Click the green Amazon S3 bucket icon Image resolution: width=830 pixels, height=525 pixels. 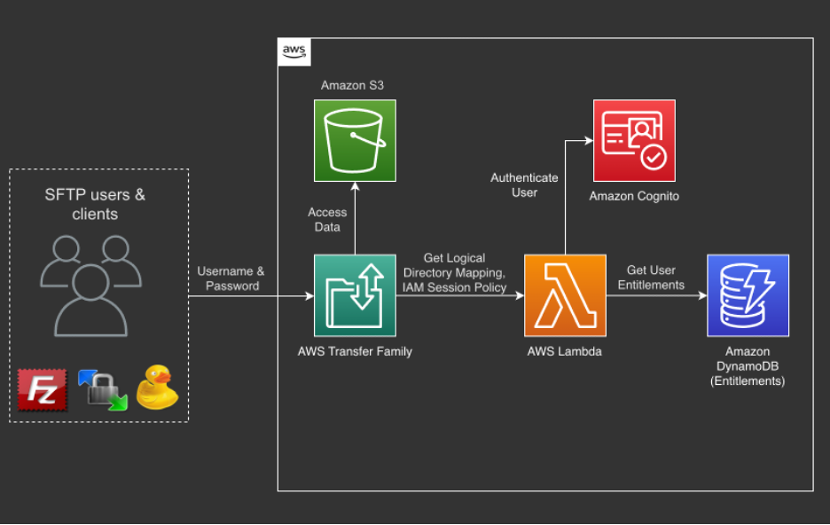click(x=355, y=140)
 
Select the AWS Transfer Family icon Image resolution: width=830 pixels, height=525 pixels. click(x=355, y=295)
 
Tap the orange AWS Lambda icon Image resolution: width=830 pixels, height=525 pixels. click(x=565, y=295)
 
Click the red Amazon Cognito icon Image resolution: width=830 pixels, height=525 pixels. click(x=634, y=140)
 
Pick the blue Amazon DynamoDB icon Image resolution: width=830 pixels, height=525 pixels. click(x=748, y=295)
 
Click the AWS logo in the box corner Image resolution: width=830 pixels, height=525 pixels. click(x=294, y=52)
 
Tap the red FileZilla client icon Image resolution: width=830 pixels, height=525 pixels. click(x=42, y=389)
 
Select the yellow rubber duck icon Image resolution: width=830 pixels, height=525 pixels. click(x=157, y=388)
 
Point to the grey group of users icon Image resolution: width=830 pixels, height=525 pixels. click(x=90, y=282)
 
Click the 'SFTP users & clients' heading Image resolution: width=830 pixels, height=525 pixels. click(x=95, y=204)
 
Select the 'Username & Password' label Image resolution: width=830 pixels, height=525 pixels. click(x=232, y=278)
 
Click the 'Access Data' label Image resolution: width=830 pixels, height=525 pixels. click(x=327, y=219)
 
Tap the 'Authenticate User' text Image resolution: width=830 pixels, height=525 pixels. click(x=524, y=185)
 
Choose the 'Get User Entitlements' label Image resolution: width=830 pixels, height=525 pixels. click(x=651, y=278)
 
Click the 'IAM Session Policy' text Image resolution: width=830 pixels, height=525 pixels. click(x=455, y=287)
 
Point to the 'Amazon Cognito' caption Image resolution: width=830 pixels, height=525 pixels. click(x=634, y=196)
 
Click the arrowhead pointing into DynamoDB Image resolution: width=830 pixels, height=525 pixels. click(x=701, y=296)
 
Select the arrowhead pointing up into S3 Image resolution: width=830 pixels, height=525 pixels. click(x=355, y=186)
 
